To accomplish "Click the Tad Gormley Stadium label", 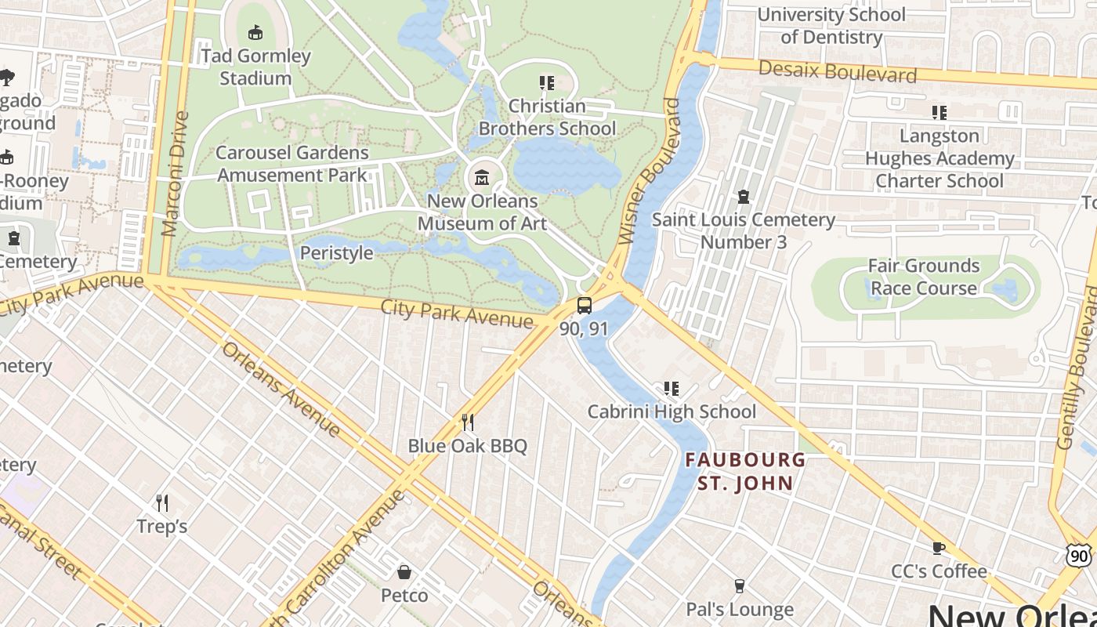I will [255, 67].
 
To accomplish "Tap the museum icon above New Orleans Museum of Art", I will [482, 179].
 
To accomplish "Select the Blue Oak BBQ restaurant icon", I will [468, 423].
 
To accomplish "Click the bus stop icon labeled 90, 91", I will [584, 306].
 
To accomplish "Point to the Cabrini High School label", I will [672, 411].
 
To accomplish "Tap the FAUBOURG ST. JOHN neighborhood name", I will [745, 471].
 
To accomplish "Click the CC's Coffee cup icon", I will [939, 549].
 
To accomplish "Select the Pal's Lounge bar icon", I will [739, 586].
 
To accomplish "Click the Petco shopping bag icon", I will [404, 573].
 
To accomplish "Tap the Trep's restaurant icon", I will [162, 502].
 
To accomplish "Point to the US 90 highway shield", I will [1079, 555].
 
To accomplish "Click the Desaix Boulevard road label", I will [837, 72].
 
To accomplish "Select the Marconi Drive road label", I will [176, 174].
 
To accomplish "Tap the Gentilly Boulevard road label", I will [1078, 368].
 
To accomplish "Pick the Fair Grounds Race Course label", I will [924, 277].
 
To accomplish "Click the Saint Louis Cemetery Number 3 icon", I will [743, 197].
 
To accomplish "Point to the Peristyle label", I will [336, 253].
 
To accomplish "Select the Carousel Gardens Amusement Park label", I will [292, 164].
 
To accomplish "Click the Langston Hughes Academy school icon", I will [939, 113].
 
